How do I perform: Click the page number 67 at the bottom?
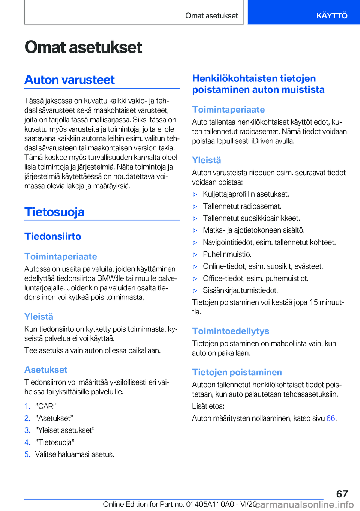coord(342,494)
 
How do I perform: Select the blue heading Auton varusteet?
coord(69,80)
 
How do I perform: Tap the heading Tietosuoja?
coord(54,212)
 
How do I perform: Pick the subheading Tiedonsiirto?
coord(53,236)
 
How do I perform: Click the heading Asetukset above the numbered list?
coord(46,370)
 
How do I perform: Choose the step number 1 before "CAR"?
coord(27,406)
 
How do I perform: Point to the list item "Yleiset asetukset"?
coord(65,430)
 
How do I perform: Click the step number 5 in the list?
coord(27,454)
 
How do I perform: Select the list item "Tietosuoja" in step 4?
coord(55,442)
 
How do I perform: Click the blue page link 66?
coord(331,418)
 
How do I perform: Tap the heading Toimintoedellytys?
coord(231,331)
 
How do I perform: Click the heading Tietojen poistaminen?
coord(237,372)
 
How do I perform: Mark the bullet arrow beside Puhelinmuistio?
coord(195,254)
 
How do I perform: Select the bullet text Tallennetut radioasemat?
coord(242,206)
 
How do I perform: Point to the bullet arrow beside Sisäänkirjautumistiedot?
coord(195,290)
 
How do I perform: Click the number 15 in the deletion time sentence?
coord(313,302)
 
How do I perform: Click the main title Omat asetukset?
coord(83,47)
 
